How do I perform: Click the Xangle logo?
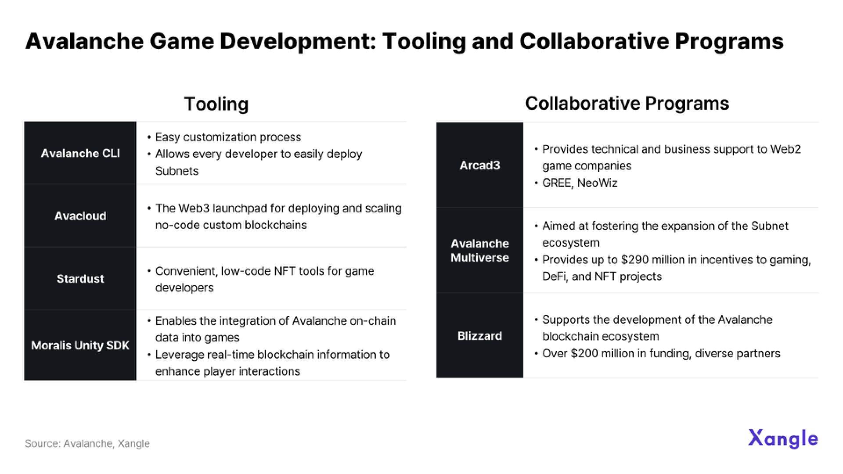(x=783, y=438)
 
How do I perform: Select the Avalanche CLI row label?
(x=80, y=153)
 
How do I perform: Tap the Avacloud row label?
(x=80, y=216)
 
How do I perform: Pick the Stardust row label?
(x=80, y=279)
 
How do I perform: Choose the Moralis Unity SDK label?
(x=80, y=345)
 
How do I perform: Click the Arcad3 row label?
(x=480, y=165)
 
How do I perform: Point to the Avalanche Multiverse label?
(x=480, y=251)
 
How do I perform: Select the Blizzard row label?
(x=480, y=336)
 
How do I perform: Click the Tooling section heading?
(x=216, y=104)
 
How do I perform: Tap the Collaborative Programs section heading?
(x=627, y=104)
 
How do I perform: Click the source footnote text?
(x=87, y=443)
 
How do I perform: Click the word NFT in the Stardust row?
(x=285, y=271)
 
